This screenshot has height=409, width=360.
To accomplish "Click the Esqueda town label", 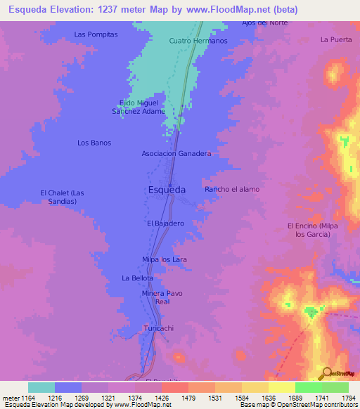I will tap(167, 190).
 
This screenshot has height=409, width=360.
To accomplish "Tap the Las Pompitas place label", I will tap(96, 34).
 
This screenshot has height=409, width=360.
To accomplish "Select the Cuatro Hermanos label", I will tap(199, 41).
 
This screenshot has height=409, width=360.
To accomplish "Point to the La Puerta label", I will tap(335, 39).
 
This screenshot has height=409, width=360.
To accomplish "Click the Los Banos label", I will tap(94, 143).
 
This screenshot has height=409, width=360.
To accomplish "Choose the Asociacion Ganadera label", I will tap(176, 153).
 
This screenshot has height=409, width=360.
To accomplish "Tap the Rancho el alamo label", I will tap(232, 190).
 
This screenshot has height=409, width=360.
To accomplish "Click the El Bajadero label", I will tap(165, 223).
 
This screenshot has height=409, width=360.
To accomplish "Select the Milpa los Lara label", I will tap(165, 259).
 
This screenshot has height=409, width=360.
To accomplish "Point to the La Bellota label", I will tap(137, 278).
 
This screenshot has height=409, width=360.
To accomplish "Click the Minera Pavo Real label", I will tap(162, 297).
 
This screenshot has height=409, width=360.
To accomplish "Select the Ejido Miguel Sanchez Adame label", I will tap(139, 107).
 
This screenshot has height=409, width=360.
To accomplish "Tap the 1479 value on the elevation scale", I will tap(174, 398).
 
